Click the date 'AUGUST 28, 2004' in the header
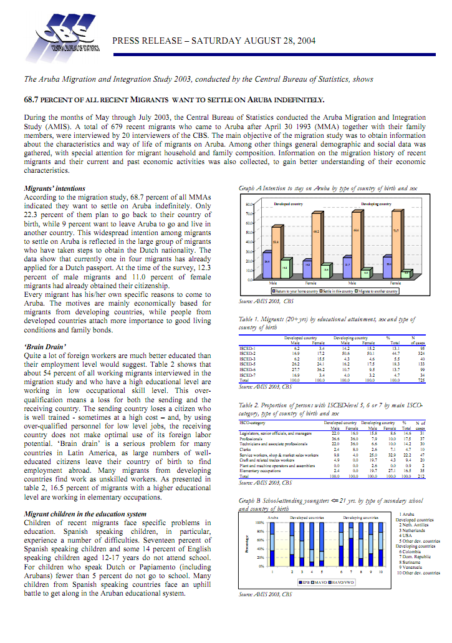(279, 41)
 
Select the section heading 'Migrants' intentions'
(54, 188)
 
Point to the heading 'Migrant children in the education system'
(94, 513)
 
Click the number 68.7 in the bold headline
(31, 99)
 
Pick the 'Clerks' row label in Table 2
(245, 448)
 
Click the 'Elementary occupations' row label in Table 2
(257, 471)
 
